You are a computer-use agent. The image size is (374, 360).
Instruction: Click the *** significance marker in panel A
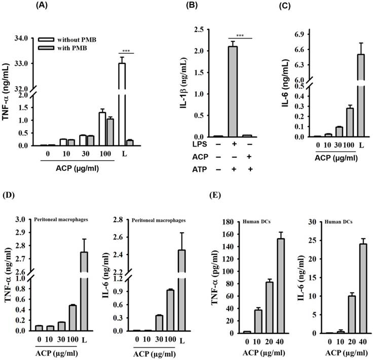(126, 51)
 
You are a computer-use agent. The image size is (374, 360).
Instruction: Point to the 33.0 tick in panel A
(25, 63)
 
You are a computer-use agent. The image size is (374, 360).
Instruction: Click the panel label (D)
(9, 194)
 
